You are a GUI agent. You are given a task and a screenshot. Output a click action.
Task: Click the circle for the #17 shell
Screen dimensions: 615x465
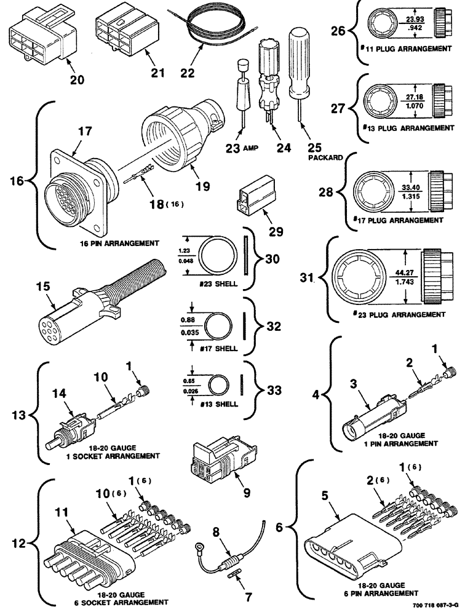218,324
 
